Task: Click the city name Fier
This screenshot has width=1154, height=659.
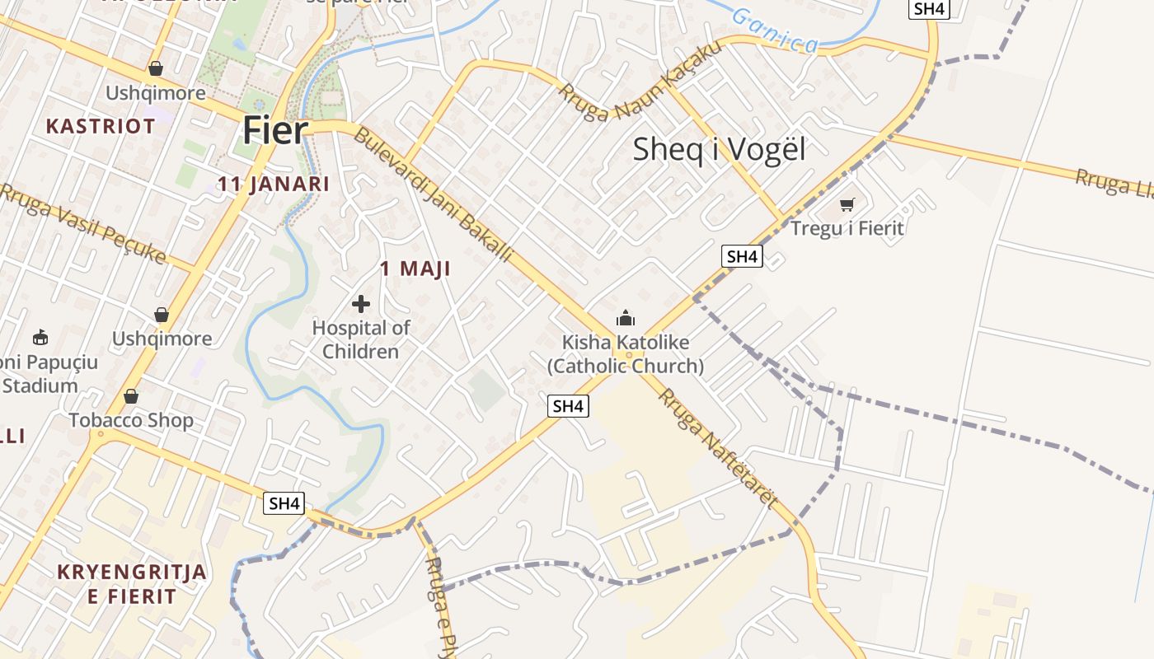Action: pyautogui.click(x=274, y=131)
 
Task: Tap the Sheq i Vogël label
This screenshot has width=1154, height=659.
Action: pyautogui.click(x=719, y=149)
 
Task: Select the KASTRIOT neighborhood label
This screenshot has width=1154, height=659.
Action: pyautogui.click(x=101, y=126)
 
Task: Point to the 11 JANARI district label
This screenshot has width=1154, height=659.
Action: pyautogui.click(x=273, y=184)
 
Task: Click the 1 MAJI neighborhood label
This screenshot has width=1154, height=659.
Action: pyautogui.click(x=415, y=269)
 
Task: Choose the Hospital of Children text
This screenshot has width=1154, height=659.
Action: pyautogui.click(x=361, y=339)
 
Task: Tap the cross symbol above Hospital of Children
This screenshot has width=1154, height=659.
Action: pyautogui.click(x=360, y=304)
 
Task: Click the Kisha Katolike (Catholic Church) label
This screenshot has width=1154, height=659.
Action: pyautogui.click(x=626, y=354)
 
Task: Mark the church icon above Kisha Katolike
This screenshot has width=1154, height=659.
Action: pyautogui.click(x=626, y=318)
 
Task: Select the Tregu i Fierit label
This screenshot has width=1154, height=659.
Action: pyautogui.click(x=847, y=228)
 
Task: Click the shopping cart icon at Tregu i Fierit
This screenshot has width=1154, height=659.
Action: pyautogui.click(x=847, y=204)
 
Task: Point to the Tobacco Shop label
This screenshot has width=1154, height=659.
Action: pyautogui.click(x=131, y=420)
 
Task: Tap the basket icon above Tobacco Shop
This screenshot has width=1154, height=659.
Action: pyautogui.click(x=131, y=397)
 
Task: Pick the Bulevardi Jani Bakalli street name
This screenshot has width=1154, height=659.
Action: pyautogui.click(x=432, y=194)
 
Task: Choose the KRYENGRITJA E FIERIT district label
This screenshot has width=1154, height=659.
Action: pyautogui.click(x=132, y=584)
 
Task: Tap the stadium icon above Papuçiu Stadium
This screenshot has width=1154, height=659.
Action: pyautogui.click(x=40, y=337)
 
